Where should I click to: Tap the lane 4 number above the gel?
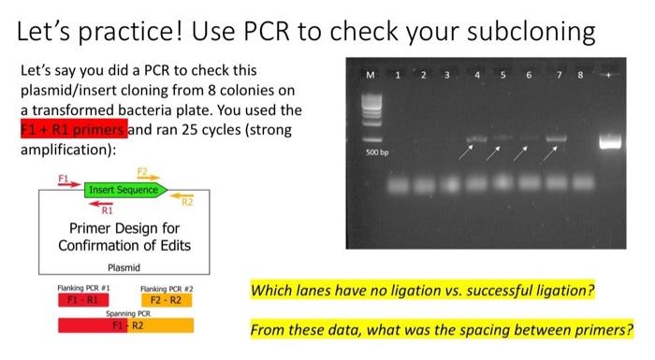click(x=478, y=74)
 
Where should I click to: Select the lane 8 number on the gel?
click(x=580, y=74)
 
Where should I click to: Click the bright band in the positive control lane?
click(x=612, y=142)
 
